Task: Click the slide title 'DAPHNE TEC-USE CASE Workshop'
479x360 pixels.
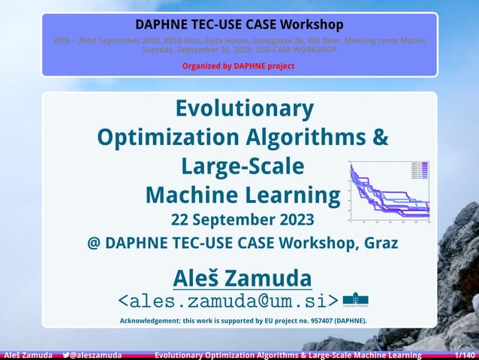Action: (239, 24)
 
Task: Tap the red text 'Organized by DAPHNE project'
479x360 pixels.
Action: (239, 66)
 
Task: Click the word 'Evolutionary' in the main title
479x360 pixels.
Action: (244, 110)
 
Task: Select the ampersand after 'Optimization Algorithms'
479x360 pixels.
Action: (380, 138)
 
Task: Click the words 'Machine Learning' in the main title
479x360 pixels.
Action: (243, 195)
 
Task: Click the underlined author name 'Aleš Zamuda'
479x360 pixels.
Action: (243, 277)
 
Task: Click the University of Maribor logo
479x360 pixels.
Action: (355, 301)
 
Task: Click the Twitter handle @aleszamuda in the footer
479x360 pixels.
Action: (95, 355)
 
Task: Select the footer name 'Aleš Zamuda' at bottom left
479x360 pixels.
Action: (27, 355)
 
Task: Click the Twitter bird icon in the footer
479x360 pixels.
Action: (66, 355)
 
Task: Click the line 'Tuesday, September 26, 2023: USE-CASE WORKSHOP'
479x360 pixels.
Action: (239, 50)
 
